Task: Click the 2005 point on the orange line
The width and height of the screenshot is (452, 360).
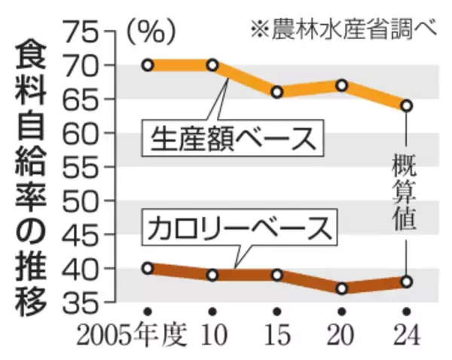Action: (x=148, y=65)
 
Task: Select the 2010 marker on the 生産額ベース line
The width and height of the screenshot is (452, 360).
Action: (x=212, y=65)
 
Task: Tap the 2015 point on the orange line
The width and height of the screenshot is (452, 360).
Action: (x=277, y=92)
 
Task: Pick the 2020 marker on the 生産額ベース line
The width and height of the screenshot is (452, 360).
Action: (x=342, y=85)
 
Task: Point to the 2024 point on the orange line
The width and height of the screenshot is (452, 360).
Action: (x=406, y=105)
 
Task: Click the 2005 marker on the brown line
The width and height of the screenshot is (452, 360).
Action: (x=148, y=268)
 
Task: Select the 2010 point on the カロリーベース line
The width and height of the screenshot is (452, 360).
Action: (x=212, y=275)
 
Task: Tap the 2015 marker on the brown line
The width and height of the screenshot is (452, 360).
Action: (x=277, y=275)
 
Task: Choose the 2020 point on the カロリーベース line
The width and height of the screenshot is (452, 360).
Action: (x=342, y=288)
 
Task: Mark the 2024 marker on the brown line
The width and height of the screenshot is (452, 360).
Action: (x=406, y=282)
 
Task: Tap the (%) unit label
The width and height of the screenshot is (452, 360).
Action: (x=151, y=30)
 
